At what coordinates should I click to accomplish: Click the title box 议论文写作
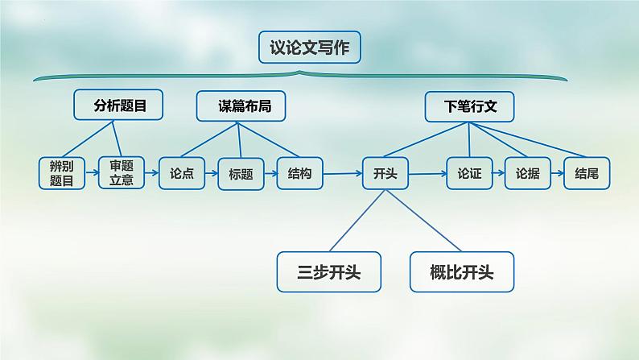point(310,48)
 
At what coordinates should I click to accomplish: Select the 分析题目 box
point(118,106)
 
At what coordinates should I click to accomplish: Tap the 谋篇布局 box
point(241,106)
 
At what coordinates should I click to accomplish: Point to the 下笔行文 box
point(469,107)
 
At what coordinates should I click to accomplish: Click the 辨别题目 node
point(62,173)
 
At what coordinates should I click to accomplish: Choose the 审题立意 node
point(122,173)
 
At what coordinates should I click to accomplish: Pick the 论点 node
point(182,173)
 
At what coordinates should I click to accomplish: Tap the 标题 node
point(241,174)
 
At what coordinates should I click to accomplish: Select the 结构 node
point(300,173)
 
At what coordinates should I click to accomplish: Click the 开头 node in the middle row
point(385,173)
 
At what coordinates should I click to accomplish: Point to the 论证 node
point(469,173)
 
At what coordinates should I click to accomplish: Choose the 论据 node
point(528,173)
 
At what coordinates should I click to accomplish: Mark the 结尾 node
point(587,173)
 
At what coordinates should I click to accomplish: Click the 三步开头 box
point(329,272)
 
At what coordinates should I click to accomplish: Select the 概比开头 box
point(462,272)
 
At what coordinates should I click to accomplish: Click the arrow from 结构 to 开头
point(343,174)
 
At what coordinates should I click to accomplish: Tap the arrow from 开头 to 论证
point(428,174)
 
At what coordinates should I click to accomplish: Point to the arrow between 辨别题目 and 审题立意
point(92,172)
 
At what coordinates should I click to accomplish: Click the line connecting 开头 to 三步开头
point(357,221)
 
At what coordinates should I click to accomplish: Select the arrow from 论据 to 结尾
point(558,173)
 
